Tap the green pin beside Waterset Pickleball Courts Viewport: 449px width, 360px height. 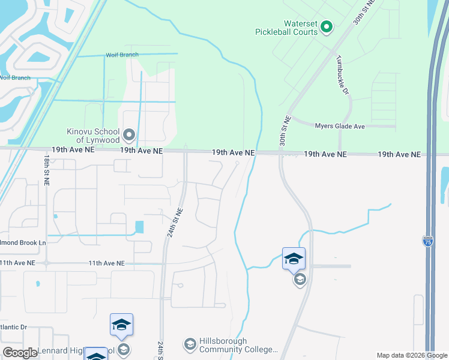(327, 26)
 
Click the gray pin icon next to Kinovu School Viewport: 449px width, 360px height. (129, 134)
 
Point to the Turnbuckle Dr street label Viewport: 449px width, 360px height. (343, 75)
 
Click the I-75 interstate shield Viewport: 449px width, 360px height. (427, 241)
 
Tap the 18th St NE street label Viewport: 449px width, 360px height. (46, 169)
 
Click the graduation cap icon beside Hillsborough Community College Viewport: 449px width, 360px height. (190, 344)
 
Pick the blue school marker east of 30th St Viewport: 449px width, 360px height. (294, 259)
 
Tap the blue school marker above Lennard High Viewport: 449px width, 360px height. (121, 325)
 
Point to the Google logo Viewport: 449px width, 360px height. (19, 353)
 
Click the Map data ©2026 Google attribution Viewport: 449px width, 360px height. (411, 355)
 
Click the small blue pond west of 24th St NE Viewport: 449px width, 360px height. (140, 227)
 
